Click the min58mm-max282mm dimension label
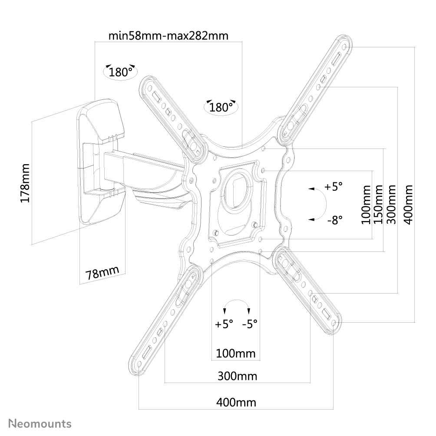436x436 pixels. (168, 36)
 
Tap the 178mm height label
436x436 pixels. (25, 183)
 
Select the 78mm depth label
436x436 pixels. (102, 273)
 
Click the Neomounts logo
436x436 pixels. (40, 424)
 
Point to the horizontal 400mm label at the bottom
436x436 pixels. (236, 403)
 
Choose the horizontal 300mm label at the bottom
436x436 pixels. (237, 376)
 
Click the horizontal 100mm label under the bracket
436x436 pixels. (235, 353)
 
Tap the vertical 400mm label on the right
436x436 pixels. (409, 205)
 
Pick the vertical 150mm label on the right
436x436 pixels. (378, 205)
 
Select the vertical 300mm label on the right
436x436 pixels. (391, 205)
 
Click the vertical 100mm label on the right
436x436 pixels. (366, 205)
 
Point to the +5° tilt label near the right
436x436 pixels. (334, 186)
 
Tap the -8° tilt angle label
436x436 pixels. (335, 220)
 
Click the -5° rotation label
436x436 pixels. (250, 324)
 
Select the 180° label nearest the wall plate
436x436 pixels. (120, 72)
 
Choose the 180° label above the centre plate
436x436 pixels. (221, 107)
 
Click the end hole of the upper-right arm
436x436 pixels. (344, 46)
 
